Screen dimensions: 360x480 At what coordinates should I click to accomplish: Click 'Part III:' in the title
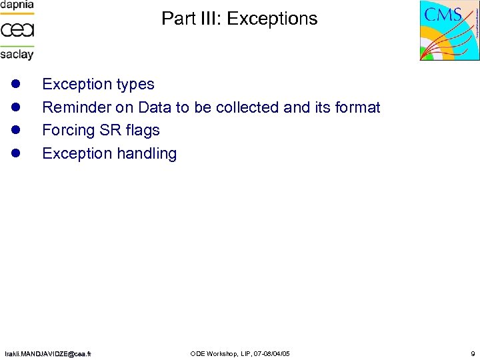(191, 19)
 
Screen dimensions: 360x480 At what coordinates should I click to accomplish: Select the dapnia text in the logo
(17, 5)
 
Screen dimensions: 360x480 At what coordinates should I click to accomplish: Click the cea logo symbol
(17, 29)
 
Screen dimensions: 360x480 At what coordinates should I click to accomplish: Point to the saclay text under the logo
(17, 54)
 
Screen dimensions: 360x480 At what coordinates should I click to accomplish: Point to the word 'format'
(356, 107)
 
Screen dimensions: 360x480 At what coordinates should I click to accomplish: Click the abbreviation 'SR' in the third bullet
(111, 131)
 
